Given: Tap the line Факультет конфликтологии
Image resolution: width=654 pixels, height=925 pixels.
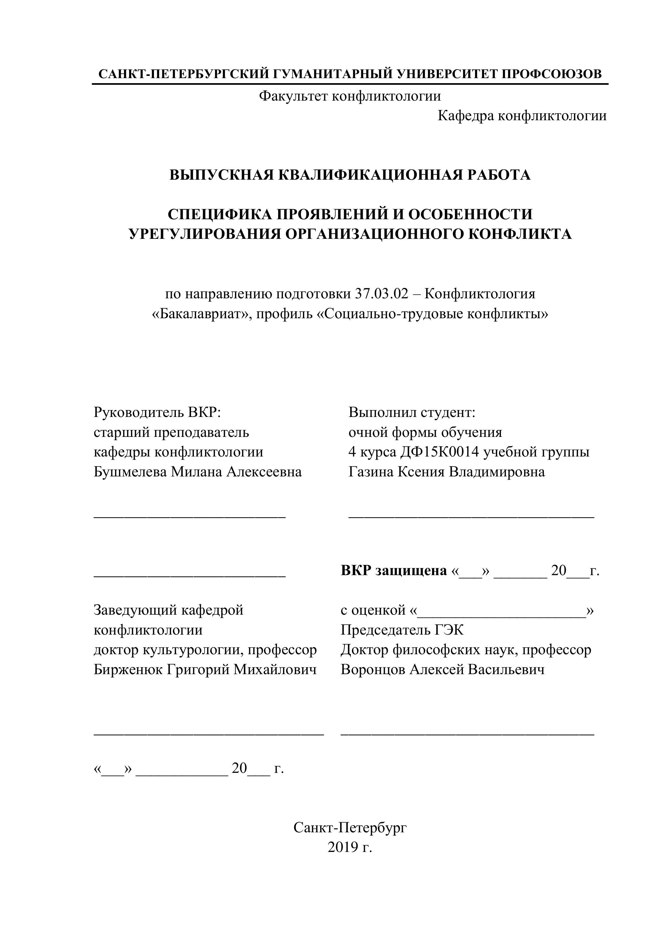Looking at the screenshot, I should coord(349,96).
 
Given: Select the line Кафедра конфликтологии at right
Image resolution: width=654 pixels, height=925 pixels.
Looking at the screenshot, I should coord(522,116).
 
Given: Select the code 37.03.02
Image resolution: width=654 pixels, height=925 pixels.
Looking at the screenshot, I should coord(381,294).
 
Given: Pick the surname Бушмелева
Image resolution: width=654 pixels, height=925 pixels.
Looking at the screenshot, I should coord(130,472).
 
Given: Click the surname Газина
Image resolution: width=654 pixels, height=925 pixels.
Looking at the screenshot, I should coord(371,472).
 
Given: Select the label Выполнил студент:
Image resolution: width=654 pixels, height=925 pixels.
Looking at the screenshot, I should coord(412,412).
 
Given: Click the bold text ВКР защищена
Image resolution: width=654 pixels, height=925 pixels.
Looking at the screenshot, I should coord(393,570).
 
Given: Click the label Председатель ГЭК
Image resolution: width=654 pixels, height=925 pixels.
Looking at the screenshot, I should coord(402,630).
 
